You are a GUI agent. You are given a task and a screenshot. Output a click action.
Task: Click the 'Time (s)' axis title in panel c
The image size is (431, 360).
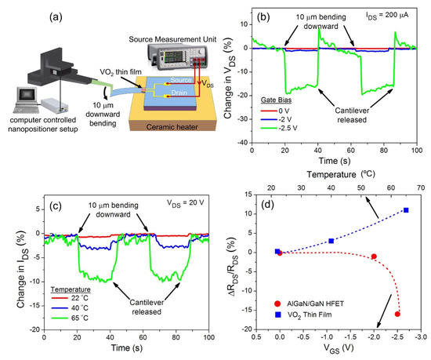126,347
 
